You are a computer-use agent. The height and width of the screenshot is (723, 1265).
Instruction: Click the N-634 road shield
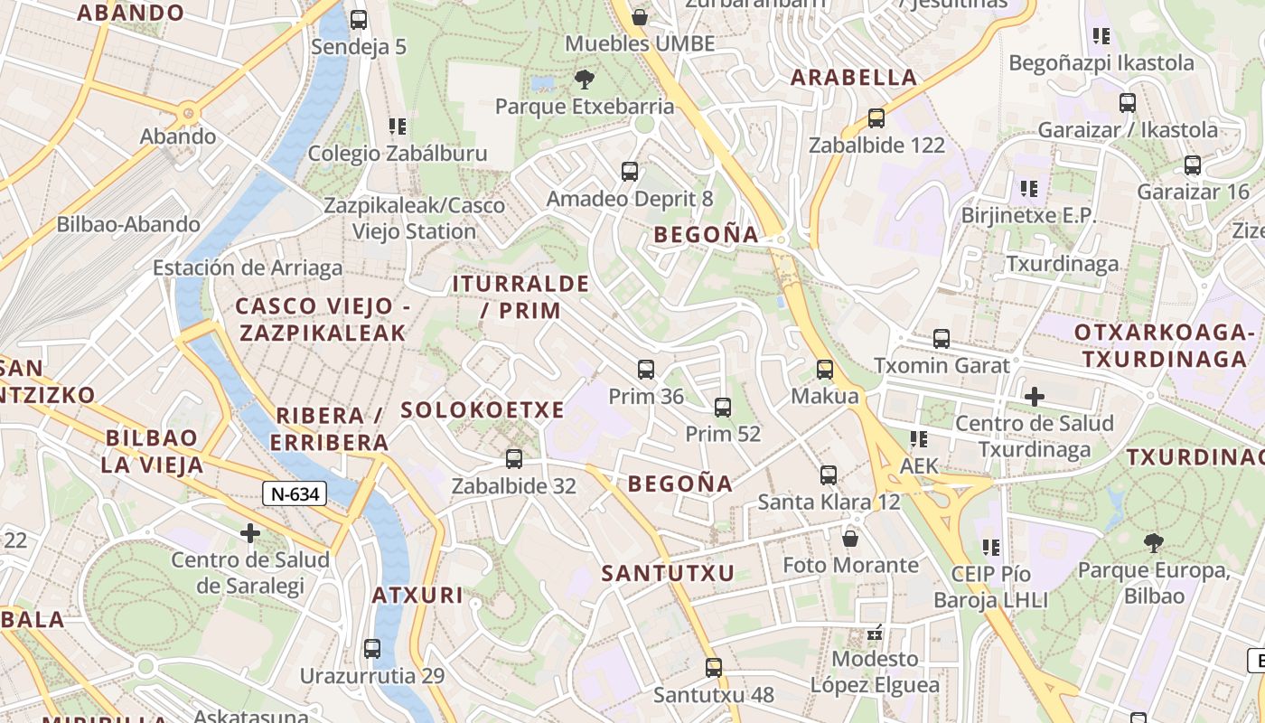coord(295,493)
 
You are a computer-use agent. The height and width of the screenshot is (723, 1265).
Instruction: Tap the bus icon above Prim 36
coord(645,369)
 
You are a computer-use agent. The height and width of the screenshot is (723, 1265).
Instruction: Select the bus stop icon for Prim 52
coord(722,407)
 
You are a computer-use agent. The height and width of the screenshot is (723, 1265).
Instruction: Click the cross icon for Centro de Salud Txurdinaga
coord(1034,396)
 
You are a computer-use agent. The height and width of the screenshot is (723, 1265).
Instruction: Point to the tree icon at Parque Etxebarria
coord(584,80)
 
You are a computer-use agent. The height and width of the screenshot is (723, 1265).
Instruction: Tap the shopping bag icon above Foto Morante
coord(849,539)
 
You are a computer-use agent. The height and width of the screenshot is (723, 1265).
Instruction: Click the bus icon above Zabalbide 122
coord(875,117)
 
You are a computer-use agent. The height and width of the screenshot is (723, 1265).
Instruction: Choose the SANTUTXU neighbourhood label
coord(668,573)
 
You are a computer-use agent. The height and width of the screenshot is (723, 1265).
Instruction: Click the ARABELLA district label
coord(854,78)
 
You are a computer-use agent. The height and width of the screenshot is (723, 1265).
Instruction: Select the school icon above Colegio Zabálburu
coord(397,127)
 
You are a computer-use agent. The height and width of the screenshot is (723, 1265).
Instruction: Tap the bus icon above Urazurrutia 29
coord(371,648)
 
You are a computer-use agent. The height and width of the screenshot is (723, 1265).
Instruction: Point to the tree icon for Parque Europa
coord(1152,543)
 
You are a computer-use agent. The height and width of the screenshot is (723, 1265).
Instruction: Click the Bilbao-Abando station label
coord(128,224)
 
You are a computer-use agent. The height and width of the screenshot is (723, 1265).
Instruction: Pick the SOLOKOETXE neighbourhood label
coord(483,410)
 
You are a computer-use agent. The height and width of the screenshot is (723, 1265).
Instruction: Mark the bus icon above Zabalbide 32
coord(513,459)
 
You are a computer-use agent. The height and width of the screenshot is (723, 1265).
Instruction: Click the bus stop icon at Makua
coord(824,369)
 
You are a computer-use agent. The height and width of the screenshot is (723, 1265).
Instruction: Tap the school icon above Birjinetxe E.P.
coord(1028,189)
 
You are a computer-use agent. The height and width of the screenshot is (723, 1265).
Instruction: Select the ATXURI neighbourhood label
coord(417,596)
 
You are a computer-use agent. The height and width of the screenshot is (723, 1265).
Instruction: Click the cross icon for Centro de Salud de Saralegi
coord(250,533)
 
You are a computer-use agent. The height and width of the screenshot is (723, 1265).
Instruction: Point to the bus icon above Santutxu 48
coord(713,668)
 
